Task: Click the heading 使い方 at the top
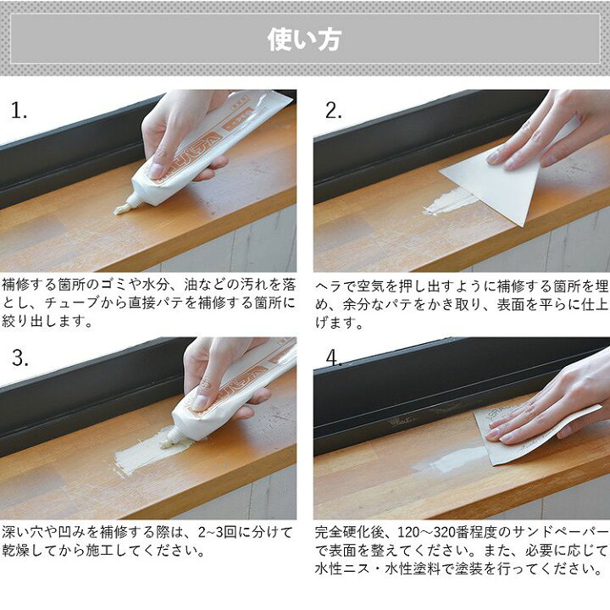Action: (x=305, y=39)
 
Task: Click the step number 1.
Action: (x=19, y=110)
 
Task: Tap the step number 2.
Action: (x=334, y=110)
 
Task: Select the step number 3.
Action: (x=20, y=358)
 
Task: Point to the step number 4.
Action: (x=334, y=358)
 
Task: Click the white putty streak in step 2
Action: (x=449, y=203)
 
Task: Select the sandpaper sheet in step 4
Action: (x=537, y=435)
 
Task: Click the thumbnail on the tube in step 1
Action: (x=156, y=170)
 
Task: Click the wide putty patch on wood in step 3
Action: (x=150, y=452)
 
